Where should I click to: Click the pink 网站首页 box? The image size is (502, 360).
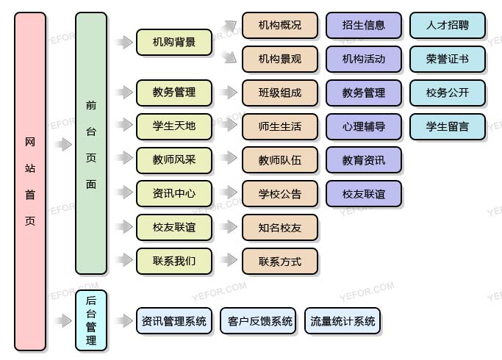30,181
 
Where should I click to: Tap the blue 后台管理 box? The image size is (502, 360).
91,320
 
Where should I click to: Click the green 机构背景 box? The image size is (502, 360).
174,42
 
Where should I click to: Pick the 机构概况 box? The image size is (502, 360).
279,26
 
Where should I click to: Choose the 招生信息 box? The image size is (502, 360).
364,26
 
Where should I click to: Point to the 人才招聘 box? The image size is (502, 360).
448,26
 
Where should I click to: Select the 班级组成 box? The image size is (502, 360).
279,93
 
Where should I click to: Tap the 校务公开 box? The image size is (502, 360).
448,93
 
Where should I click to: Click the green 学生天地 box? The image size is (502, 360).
174,126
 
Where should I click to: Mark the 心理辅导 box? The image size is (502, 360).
364,126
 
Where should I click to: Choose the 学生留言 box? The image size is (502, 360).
448,126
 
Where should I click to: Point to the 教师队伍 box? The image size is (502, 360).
279,159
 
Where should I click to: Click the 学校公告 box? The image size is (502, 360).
279,194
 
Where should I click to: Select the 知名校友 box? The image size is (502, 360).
279,228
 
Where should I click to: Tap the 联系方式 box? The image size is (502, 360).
279,261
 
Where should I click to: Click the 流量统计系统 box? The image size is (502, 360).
343,321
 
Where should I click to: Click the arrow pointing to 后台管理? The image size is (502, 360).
64,321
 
